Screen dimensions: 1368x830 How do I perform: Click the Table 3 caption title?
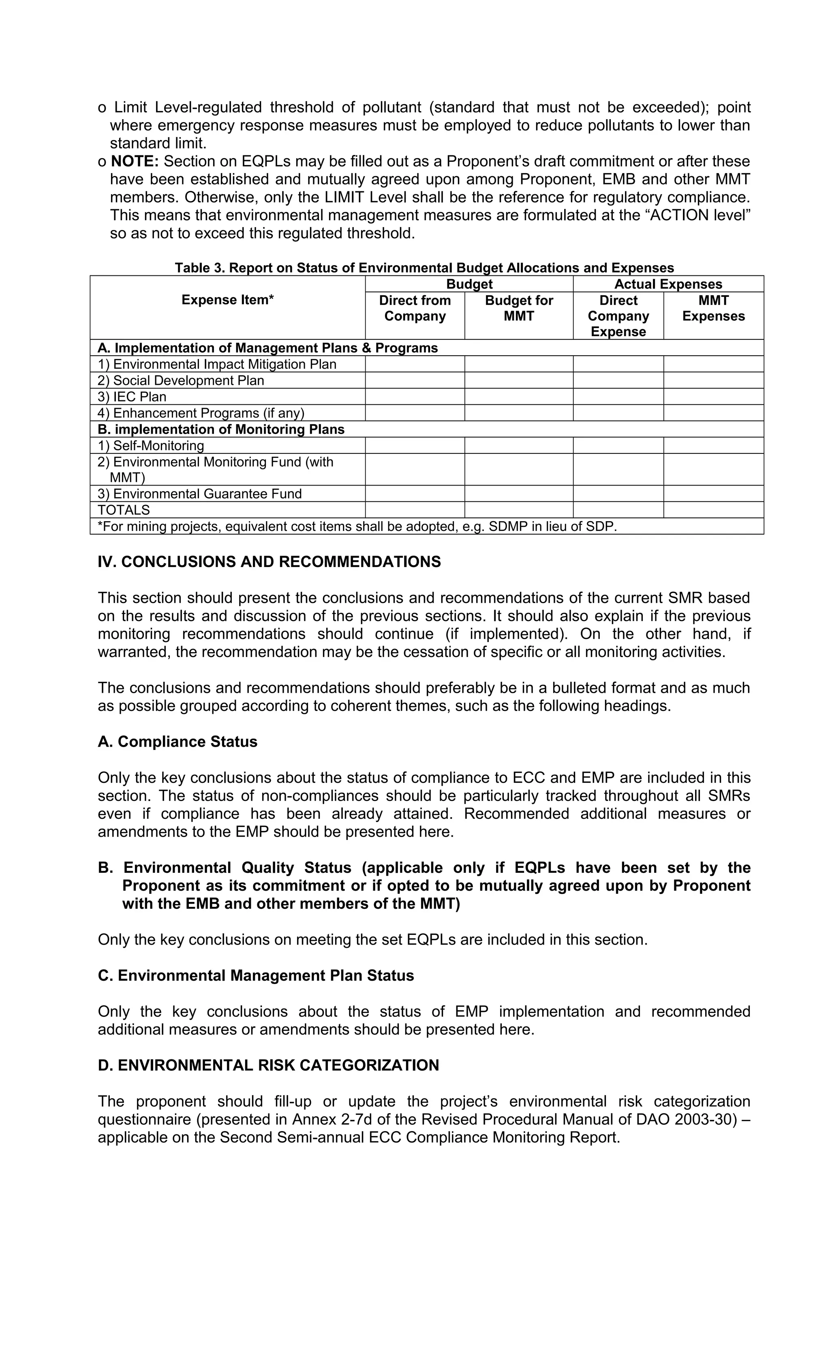424,268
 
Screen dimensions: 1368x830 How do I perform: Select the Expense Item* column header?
227,300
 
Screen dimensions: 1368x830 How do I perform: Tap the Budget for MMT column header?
518,308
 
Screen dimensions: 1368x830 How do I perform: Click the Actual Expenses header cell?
667,284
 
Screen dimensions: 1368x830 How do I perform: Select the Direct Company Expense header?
618,316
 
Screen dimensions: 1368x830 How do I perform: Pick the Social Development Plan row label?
181,381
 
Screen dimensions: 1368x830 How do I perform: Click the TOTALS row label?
124,510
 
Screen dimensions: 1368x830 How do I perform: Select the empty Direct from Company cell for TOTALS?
415,510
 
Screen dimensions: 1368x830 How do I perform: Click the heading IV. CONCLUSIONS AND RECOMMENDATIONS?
269,562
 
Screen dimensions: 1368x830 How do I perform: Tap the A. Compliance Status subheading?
178,742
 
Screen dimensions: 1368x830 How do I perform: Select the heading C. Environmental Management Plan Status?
256,975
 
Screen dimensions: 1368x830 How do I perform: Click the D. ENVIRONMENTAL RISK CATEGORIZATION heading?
269,1065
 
